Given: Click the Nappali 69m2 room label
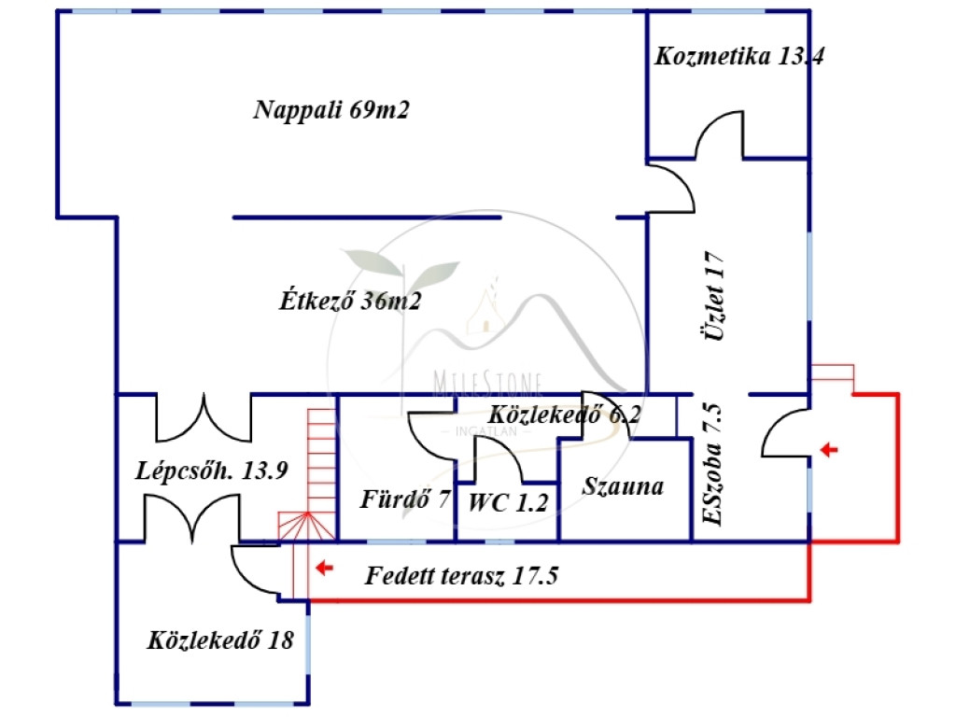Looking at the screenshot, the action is click(331, 110).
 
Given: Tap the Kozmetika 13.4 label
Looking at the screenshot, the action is click(739, 56).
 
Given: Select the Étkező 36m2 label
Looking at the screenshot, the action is click(350, 301).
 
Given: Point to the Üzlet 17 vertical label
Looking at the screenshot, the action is click(714, 296).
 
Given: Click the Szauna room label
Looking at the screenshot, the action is click(623, 486).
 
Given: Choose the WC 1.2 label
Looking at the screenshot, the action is click(508, 502).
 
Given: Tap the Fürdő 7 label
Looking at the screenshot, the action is click(405, 499).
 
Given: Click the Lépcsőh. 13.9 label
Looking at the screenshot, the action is click(211, 471).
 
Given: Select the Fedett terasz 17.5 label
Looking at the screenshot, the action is click(461, 575).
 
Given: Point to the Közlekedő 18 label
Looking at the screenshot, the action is click(220, 640).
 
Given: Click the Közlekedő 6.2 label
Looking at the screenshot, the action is click(564, 415).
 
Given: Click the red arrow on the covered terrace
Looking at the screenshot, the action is click(324, 569).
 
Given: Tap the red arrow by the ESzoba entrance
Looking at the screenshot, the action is click(829, 450).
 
